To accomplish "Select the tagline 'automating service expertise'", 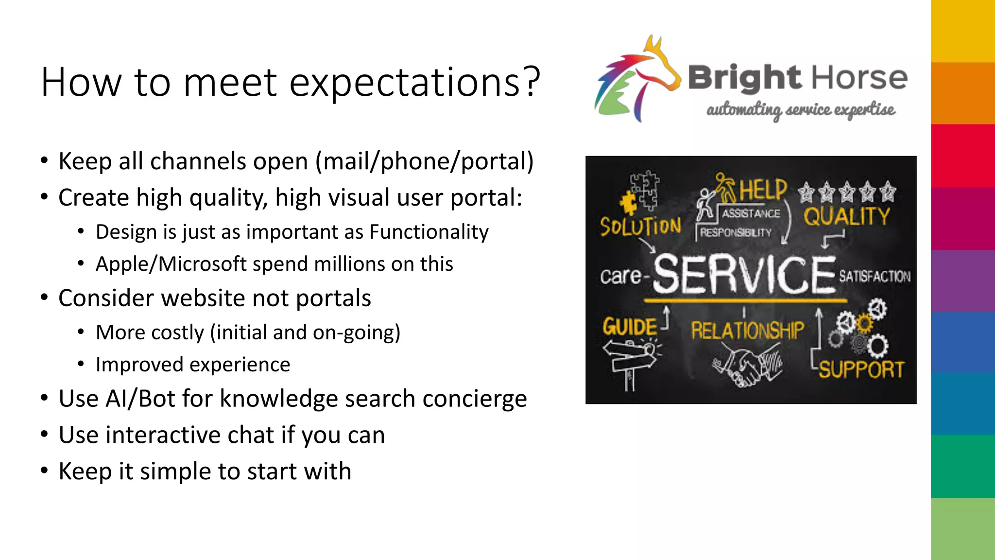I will (x=800, y=110).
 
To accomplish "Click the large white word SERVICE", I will (x=744, y=275).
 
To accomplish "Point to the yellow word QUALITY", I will (x=846, y=217).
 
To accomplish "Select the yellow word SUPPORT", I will (x=860, y=370).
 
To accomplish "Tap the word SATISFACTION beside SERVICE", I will (x=875, y=277).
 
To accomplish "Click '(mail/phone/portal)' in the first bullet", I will (x=425, y=161).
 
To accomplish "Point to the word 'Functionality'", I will (x=429, y=232).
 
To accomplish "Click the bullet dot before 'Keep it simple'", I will (x=44, y=471).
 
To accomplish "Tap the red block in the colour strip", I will (x=962, y=156).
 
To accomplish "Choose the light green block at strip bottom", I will (x=962, y=529).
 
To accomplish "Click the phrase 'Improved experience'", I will (x=192, y=365).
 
